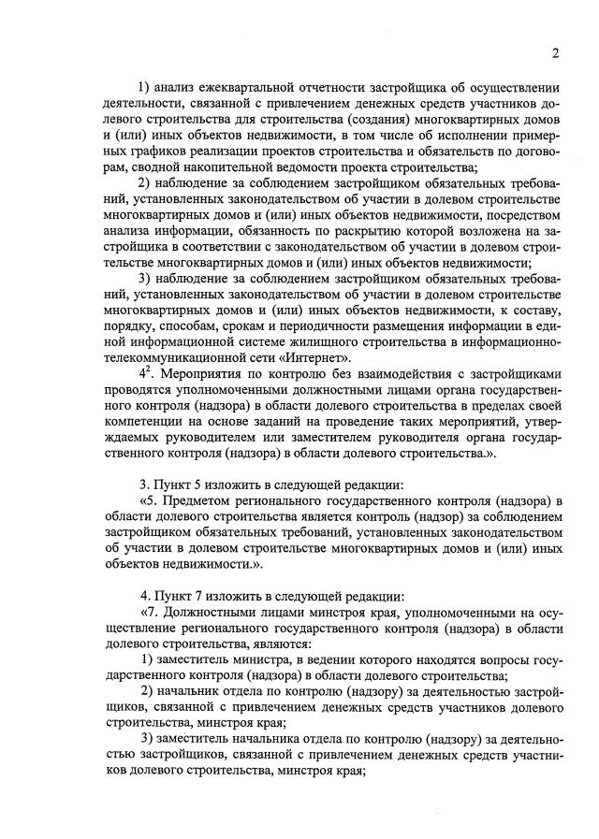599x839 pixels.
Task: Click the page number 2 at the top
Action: click(555, 53)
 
